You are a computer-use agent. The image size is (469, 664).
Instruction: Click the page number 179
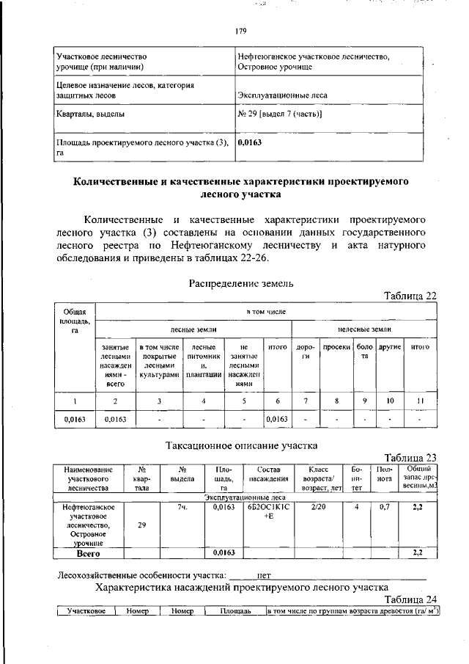coord(240,31)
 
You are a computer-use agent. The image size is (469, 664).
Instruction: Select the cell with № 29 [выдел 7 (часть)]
coord(280,115)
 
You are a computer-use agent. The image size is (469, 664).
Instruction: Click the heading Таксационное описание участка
coord(240,445)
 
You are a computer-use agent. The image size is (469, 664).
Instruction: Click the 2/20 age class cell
coord(319,506)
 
